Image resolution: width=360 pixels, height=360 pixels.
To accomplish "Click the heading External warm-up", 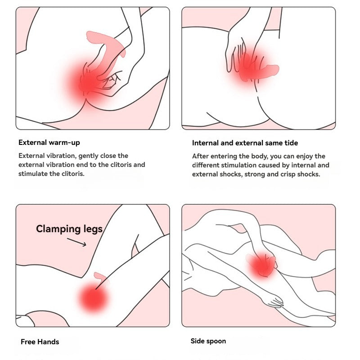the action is pos(49,143).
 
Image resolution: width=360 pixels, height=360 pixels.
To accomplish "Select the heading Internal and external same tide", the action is pos(245,143).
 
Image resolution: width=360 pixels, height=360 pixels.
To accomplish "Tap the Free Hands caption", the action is pos(40,342).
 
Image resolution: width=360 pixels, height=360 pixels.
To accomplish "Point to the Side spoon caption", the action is pos(208,341).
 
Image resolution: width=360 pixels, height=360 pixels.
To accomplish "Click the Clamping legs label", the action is pos(69,229).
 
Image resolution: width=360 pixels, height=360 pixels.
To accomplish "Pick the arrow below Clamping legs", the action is pos(76,242).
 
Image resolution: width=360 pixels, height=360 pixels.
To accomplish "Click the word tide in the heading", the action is pos(291,143).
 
